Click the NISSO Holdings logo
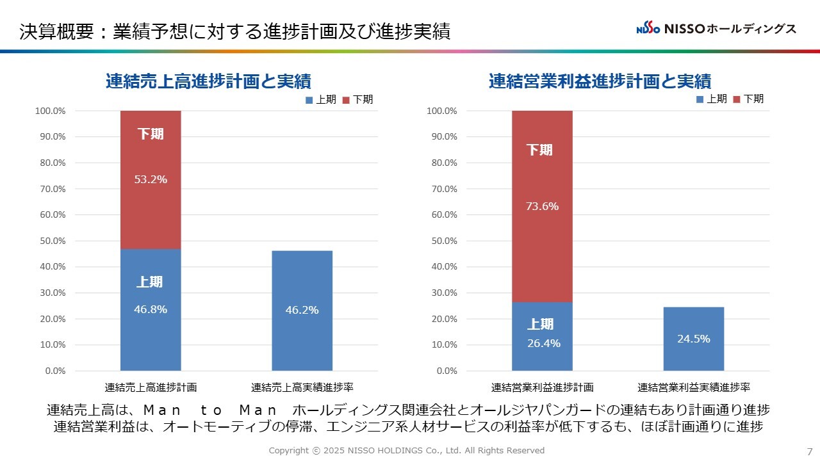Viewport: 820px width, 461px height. coord(716,29)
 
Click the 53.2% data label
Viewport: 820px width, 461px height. coord(151,179)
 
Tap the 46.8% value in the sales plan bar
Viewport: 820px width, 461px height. coord(151,309)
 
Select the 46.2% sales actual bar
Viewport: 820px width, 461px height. coord(302,310)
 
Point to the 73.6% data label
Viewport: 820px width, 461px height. coord(542,206)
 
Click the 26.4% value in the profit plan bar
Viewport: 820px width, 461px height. coord(543,343)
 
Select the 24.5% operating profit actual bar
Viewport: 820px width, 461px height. coord(693,339)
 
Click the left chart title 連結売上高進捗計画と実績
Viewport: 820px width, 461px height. coord(208,81)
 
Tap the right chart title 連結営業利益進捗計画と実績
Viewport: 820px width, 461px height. coord(600,81)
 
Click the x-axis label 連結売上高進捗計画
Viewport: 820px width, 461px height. coord(151,387)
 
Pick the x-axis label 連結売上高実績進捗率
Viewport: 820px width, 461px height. coord(302,387)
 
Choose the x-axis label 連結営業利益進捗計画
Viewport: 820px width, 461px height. coord(542,387)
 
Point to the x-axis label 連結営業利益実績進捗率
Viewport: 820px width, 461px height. coord(694,387)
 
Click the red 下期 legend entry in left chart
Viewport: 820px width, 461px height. coord(358,99)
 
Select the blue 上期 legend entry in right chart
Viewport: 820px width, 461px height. coord(712,99)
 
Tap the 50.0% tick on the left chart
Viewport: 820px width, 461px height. coord(51,241)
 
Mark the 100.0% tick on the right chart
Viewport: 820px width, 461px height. coord(441,111)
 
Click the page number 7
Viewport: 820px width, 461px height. coord(810,451)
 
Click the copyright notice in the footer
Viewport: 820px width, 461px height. coord(406,451)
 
